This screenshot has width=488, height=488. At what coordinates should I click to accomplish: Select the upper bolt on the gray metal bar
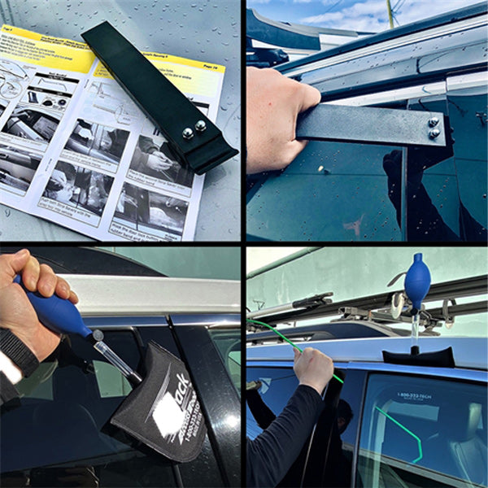tap(434, 122)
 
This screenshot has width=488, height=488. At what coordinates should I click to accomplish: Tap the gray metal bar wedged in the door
tap(366, 126)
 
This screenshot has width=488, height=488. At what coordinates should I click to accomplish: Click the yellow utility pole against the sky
tap(390, 12)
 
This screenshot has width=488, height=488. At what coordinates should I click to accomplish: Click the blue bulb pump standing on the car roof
tap(416, 281)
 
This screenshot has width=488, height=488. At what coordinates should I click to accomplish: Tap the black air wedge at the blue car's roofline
tap(419, 356)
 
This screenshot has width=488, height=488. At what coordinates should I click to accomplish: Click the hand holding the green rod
tap(313, 368)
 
